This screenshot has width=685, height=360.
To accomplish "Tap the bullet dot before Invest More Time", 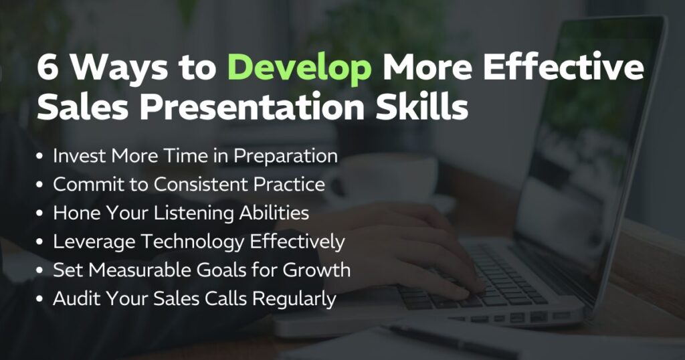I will click(41, 157).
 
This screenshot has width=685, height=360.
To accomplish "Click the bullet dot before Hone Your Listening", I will click(41, 214).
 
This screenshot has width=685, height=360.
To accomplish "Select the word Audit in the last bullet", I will click(75, 298).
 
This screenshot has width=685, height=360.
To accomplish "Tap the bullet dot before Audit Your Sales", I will click(41, 299).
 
